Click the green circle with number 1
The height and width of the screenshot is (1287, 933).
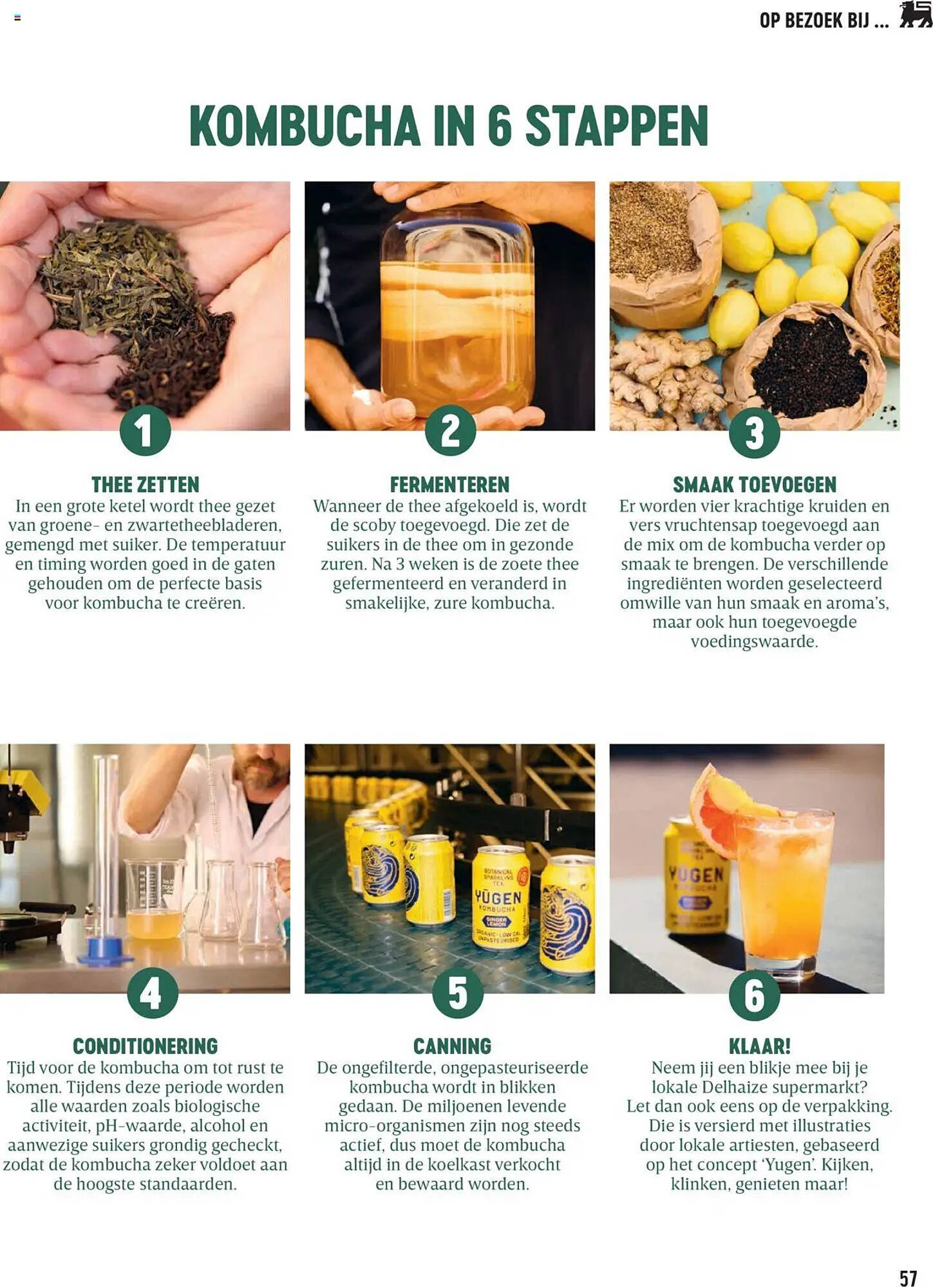[x=145, y=430]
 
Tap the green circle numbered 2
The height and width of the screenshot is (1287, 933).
[x=450, y=430]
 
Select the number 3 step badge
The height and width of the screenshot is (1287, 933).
[x=754, y=432]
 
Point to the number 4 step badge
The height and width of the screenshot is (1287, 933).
[x=153, y=993]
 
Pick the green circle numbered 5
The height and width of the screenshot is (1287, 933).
[x=458, y=993]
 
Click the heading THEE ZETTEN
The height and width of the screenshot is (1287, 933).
[x=146, y=485]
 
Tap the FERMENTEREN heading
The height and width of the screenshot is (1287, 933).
[x=449, y=485]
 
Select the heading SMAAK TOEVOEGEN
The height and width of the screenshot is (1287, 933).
[x=755, y=485]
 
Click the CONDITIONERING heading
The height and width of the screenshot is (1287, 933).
[x=146, y=1046]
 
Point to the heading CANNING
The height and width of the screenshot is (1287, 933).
[x=452, y=1046]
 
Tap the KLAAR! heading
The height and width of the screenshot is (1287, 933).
[x=760, y=1046]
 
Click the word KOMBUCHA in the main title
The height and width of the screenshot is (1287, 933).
[x=305, y=125]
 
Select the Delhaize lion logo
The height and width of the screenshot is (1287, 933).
[x=915, y=15]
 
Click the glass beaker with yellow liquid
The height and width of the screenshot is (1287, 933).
[x=153, y=898]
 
